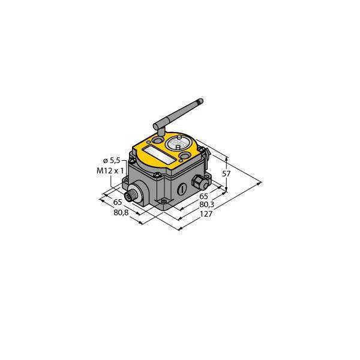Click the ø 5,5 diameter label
click(x=113, y=160)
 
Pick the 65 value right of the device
click(x=203, y=196)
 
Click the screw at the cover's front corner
click(x=157, y=175)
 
